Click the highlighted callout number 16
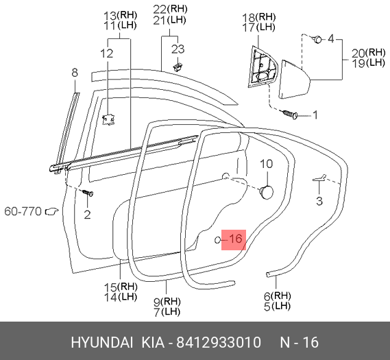(235, 239)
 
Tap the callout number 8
(75, 73)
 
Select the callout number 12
(107, 53)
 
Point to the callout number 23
(178, 49)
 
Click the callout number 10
(267, 164)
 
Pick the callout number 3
(319, 201)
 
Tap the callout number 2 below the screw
(87, 215)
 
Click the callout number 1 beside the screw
(315, 115)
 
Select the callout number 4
(331, 39)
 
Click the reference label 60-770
(23, 212)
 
